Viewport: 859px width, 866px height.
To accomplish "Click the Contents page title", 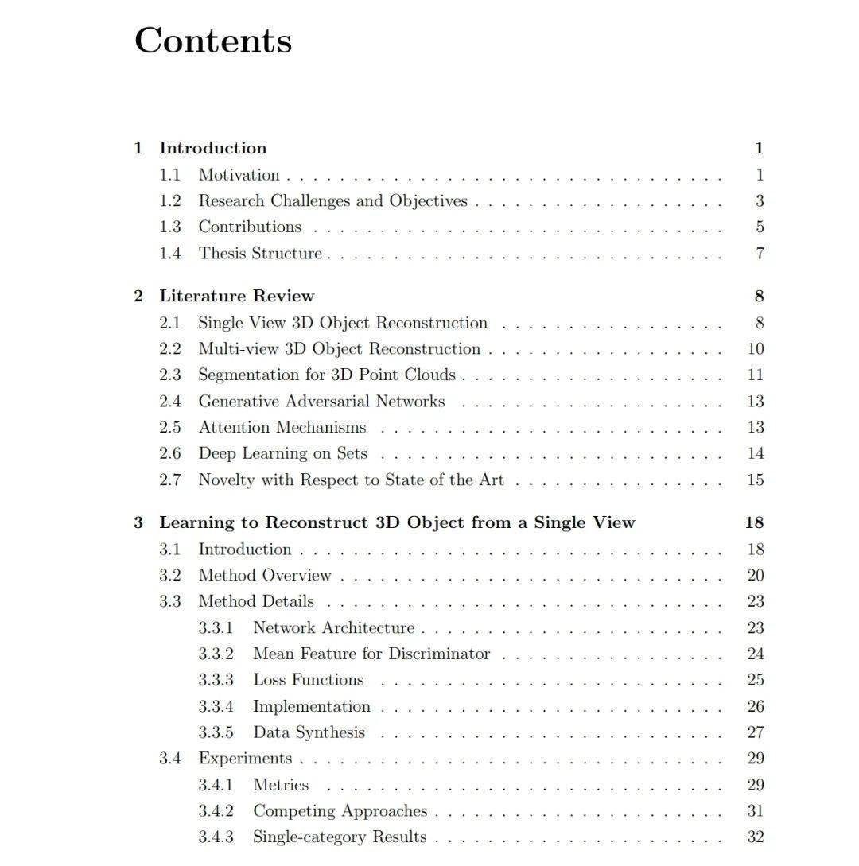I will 213,41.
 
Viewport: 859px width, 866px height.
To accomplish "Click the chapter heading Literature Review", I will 236,296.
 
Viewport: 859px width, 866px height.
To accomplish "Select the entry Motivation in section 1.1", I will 239,175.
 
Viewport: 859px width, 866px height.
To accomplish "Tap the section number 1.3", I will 169,227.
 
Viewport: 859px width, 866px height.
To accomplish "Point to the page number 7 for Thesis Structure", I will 760,254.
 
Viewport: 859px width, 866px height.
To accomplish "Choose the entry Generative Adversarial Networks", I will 321,401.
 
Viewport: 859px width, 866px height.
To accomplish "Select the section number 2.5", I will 169,427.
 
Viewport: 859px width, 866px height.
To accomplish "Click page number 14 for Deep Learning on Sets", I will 756,453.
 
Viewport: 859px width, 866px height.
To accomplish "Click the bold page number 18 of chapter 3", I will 754,522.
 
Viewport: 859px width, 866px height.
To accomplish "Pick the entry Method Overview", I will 264,575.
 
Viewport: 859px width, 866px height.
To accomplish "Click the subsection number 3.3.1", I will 216,627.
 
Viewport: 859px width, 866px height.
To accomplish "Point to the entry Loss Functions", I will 308,680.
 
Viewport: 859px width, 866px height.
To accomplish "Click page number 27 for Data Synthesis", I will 756,732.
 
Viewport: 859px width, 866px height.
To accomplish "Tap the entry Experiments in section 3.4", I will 245,759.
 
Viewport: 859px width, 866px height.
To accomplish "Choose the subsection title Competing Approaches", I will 340,811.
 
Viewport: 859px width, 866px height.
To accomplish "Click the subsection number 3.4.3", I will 216,837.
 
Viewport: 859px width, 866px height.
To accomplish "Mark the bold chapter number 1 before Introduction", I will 138,148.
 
